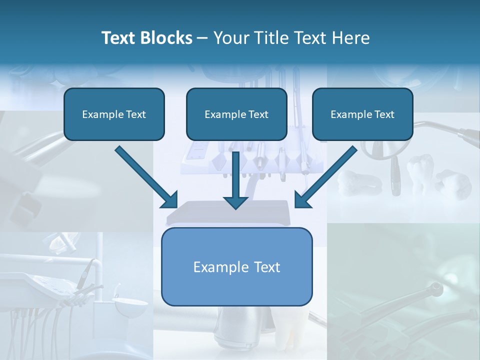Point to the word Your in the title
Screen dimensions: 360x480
230,38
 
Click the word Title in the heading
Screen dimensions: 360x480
271,38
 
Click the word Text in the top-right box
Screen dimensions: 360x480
384,114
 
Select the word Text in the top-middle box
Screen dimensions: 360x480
258,114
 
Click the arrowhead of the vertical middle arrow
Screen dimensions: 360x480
235,201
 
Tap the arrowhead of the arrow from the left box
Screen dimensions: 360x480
169,199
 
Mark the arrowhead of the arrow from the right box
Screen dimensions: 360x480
302,199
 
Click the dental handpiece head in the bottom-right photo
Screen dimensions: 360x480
436,288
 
